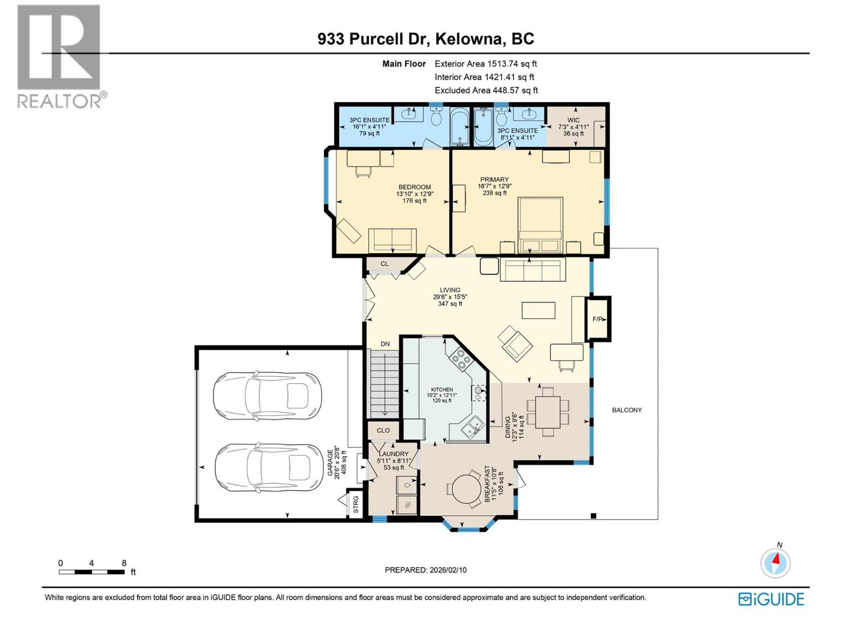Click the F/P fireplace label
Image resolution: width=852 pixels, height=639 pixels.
pyautogui.click(x=598, y=319)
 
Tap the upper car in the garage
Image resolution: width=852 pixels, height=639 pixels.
pyautogui.click(x=267, y=396)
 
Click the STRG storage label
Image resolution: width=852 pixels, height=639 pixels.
pyautogui.click(x=356, y=505)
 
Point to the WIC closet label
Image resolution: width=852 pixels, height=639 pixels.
pyautogui.click(x=573, y=120)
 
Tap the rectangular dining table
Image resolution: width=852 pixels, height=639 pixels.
pyautogui.click(x=548, y=412)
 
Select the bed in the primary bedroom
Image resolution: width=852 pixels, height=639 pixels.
pyautogui.click(x=540, y=225)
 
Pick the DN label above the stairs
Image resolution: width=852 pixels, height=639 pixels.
pyautogui.click(x=385, y=344)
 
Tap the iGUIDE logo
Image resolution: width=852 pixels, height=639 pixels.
pyautogui.click(x=771, y=599)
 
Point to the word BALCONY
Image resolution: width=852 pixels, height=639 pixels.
pyautogui.click(x=627, y=410)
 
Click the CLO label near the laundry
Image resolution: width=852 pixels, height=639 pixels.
pyautogui.click(x=383, y=430)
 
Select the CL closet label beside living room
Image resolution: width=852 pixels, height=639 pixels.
pyautogui.click(x=384, y=264)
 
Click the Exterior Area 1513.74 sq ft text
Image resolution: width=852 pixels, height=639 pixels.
pyautogui.click(x=486, y=64)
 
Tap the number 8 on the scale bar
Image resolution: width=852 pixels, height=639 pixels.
pyautogui.click(x=124, y=563)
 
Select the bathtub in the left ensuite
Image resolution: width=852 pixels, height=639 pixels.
pyautogui.click(x=459, y=127)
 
